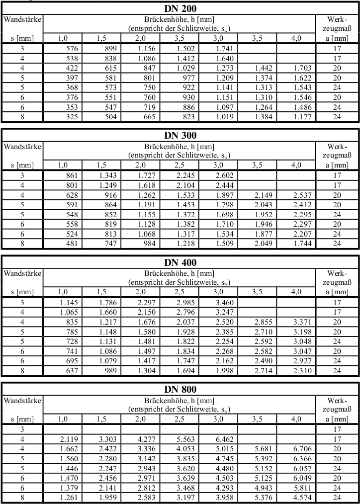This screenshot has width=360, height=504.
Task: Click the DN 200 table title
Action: (180, 8)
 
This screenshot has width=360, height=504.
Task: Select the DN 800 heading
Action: (180, 389)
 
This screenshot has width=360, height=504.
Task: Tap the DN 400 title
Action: (180, 262)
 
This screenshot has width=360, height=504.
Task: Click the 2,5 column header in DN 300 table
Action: (179, 165)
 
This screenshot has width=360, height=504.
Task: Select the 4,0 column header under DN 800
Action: (296, 419)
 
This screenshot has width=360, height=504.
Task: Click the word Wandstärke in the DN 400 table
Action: (22, 273)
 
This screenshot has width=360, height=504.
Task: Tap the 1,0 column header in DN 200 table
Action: (63, 38)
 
